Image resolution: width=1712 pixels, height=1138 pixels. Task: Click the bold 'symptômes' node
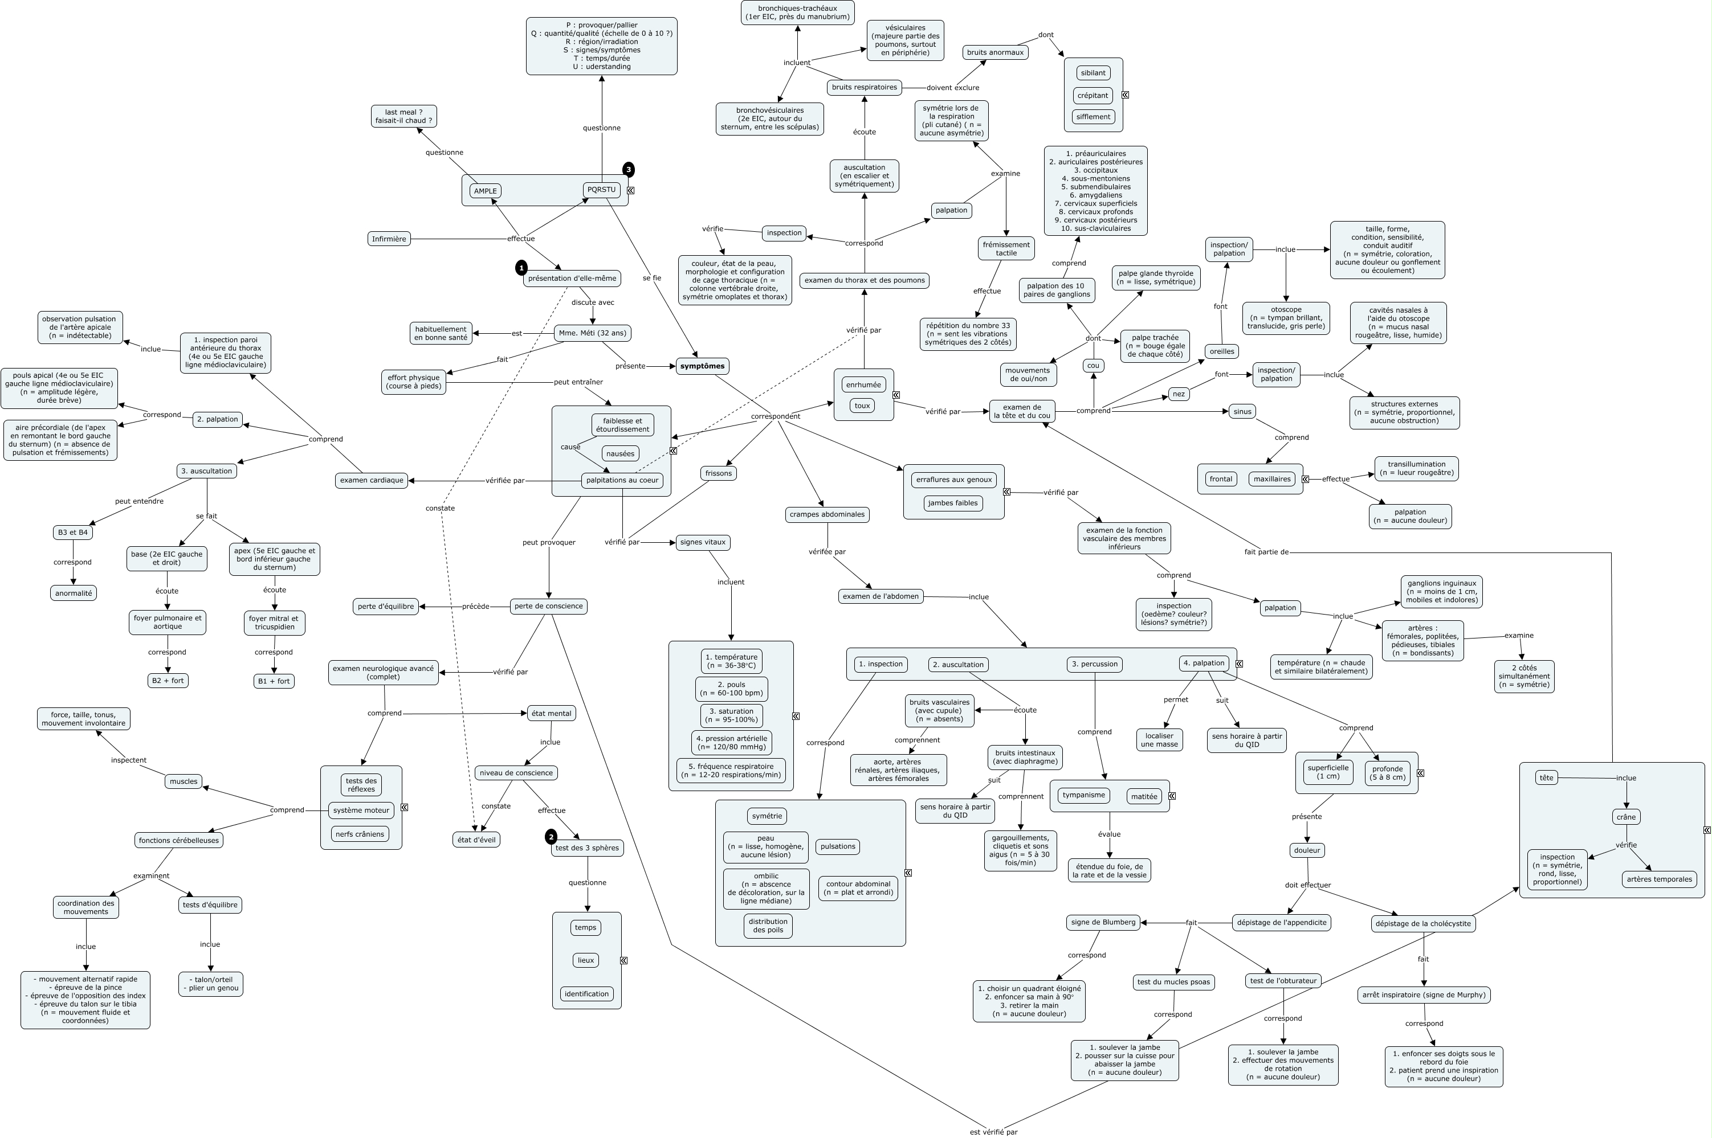coord(702,366)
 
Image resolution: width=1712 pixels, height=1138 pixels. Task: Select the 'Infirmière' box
coord(389,239)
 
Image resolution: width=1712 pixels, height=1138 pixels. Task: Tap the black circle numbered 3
coord(628,170)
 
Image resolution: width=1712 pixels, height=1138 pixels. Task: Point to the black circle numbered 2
coord(551,837)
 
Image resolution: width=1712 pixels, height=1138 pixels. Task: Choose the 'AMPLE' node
coord(485,191)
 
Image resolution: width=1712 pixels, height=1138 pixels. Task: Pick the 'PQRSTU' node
coord(601,190)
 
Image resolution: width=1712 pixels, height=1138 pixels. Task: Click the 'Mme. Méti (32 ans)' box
coord(593,333)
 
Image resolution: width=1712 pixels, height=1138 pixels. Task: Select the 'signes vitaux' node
coord(702,542)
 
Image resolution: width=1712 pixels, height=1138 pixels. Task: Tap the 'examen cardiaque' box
coord(372,480)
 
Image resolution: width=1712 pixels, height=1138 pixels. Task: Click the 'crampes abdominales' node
coord(827,514)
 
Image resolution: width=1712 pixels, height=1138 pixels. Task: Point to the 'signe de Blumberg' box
coord(1103,923)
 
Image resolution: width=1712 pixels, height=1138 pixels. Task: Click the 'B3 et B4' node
coord(72,532)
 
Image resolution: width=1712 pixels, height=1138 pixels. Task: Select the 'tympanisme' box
coord(1083,795)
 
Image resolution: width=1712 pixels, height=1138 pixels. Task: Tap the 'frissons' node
coord(718,473)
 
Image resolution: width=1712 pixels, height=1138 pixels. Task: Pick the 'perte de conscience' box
coord(548,606)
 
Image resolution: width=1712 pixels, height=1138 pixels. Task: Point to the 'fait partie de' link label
coord(1266,551)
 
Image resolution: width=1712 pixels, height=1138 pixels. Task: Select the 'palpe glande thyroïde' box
coord(1155,277)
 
